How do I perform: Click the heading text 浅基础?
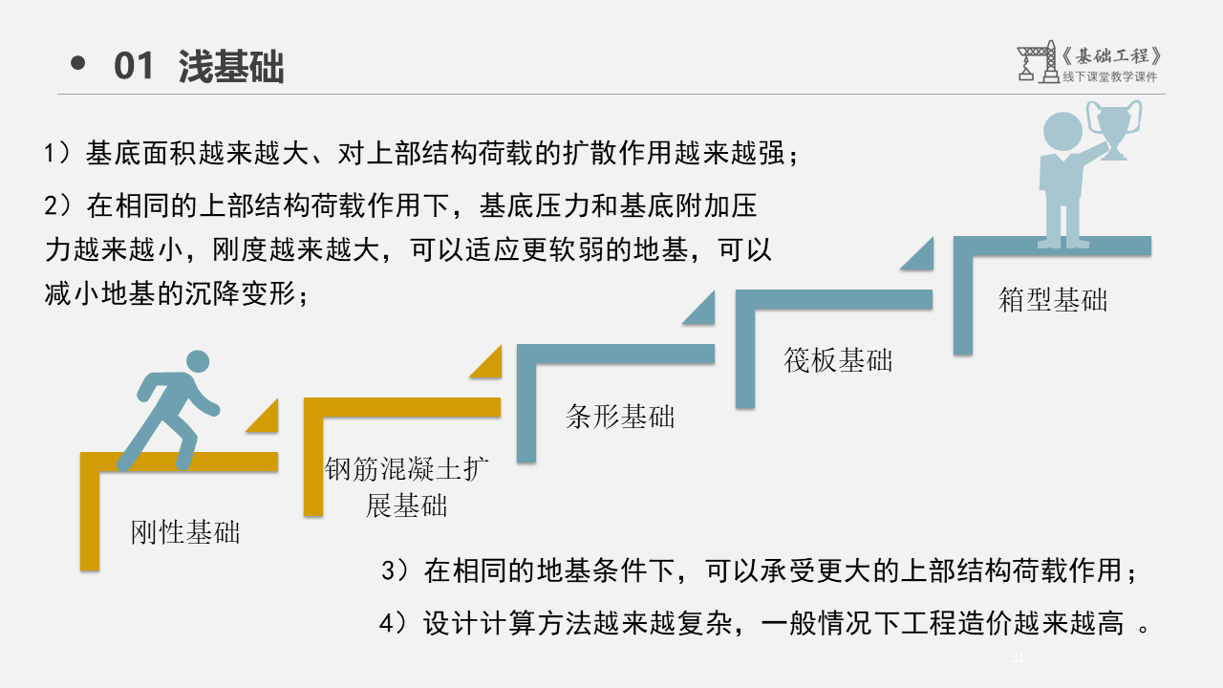pyautogui.click(x=231, y=67)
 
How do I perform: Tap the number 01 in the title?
pyautogui.click(x=134, y=67)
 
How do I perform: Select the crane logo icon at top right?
pyautogui.click(x=1036, y=61)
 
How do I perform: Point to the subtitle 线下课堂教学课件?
pyautogui.click(x=1109, y=77)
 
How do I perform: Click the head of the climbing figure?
pyautogui.click(x=197, y=362)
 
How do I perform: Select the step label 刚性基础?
pyautogui.click(x=185, y=532)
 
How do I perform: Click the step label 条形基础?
pyautogui.click(x=620, y=417)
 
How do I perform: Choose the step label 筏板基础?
pyautogui.click(x=838, y=359)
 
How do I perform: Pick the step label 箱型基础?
pyautogui.click(x=1053, y=300)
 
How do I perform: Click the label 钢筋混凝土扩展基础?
pyautogui.click(x=407, y=486)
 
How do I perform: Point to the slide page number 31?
pyautogui.click(x=1018, y=657)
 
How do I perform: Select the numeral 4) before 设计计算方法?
pyautogui.click(x=394, y=623)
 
